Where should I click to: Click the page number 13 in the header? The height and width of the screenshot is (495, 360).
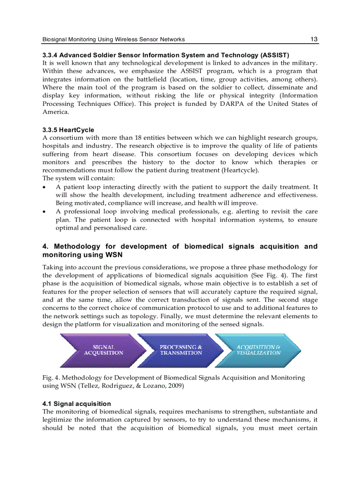tap(314, 39)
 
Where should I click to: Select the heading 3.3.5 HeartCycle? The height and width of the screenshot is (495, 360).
tap(68, 130)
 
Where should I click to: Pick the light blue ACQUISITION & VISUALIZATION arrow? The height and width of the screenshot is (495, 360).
tap(259, 350)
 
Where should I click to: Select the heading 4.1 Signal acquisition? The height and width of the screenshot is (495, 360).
tap(76, 404)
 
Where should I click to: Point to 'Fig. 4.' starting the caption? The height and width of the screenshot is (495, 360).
tap(50, 378)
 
